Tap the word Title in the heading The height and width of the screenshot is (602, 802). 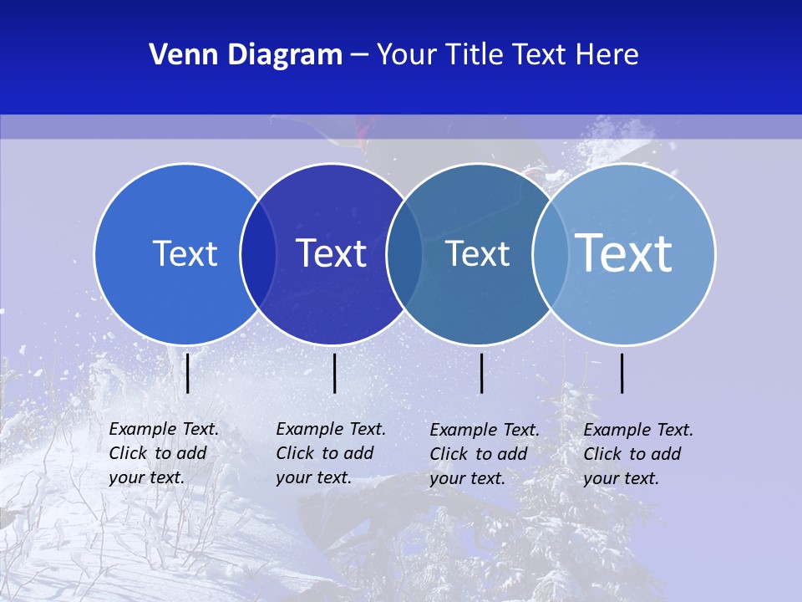coord(473,55)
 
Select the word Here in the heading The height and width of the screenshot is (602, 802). coord(607,55)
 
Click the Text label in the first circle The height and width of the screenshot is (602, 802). coord(185,253)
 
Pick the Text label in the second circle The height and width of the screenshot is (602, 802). coord(331,253)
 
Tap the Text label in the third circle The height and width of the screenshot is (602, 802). coord(477,253)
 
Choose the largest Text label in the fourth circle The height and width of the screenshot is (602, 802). coord(623,253)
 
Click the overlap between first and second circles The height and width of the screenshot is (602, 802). coord(258,253)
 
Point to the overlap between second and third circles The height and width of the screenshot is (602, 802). coord(404,253)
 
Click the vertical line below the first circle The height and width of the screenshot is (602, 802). coord(188,373)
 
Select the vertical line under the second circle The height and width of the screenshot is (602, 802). coord(334,373)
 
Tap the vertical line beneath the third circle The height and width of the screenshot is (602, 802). coord(481,373)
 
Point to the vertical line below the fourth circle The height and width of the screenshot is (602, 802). coord(622,373)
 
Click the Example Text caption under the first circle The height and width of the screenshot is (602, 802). coord(164,453)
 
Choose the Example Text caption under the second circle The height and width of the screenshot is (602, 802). coord(331,453)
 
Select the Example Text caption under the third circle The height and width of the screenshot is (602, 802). coord(485,454)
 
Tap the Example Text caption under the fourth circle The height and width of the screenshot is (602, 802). coord(638,454)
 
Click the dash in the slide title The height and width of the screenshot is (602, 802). coord(359,55)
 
